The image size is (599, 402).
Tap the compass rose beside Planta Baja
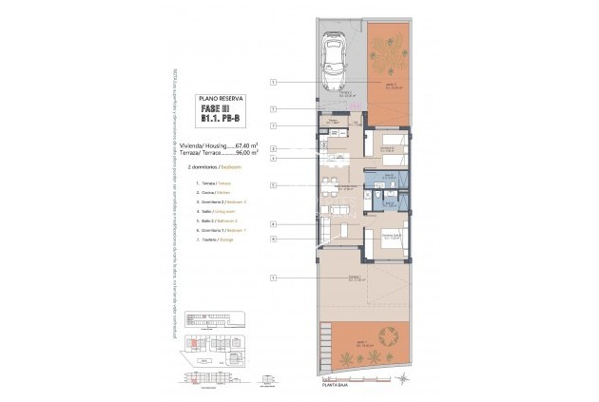coord(402,380)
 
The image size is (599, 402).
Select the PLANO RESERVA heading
coord(220,98)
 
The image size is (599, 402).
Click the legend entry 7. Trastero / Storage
coord(216,240)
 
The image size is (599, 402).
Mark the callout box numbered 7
coord(272,125)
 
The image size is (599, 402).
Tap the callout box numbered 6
coord(272,239)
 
